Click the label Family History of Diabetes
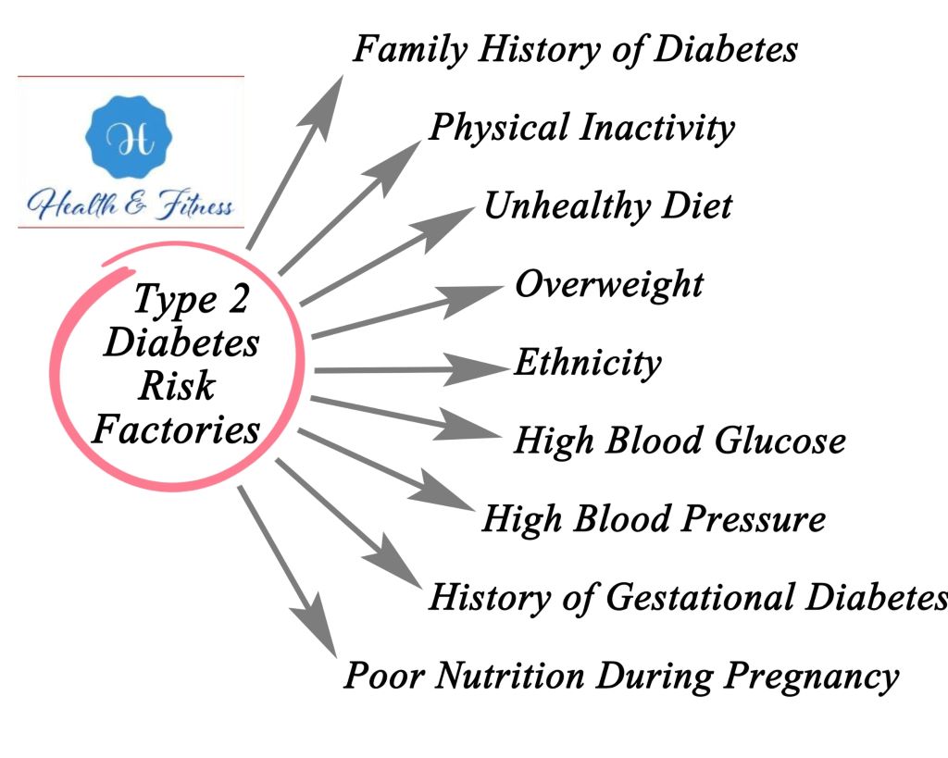pos(575,50)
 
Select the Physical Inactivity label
pos(581,128)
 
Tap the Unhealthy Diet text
pos(608,206)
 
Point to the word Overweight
pos(609,285)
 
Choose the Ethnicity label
pos(588,364)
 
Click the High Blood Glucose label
pos(680,441)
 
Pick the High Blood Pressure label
pos(654,519)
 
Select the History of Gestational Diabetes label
pos(688,597)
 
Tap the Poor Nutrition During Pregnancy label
pos(621,676)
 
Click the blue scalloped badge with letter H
pos(129,137)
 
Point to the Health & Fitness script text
pos(130,205)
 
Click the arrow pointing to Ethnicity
pos(412,369)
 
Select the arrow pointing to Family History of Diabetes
pos(295,162)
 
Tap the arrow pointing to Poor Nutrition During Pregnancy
pos(287,572)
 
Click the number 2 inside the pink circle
pos(238,299)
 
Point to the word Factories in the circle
pos(176,429)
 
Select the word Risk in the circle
pos(177,386)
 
